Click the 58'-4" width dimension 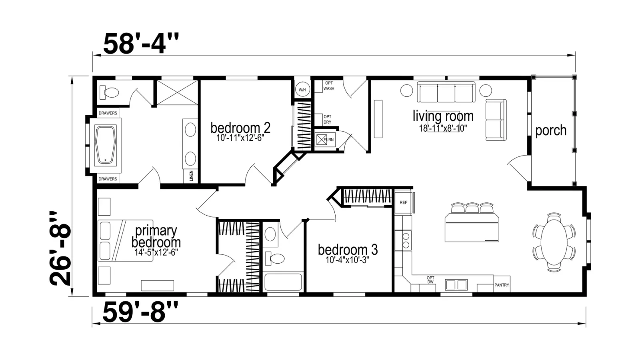point(141,44)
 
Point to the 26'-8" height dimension point(60,248)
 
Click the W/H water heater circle point(302,90)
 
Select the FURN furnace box point(325,140)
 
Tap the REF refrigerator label point(404,202)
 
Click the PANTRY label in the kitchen point(502,285)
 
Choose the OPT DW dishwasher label point(430,280)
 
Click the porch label point(551,130)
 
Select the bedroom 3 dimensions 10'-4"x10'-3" point(348,260)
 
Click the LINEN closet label point(191,176)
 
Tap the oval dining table point(554,242)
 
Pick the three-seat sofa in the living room point(446,92)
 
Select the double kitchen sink point(456,285)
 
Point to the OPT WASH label point(328,86)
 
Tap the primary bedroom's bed point(126,240)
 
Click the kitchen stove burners point(406,240)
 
